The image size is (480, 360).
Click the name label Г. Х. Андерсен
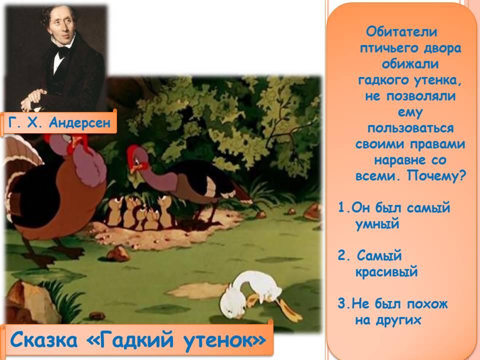point(59,123)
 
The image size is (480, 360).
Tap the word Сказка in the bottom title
point(43,339)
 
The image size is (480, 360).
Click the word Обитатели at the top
point(401,32)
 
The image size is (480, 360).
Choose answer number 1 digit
point(342,207)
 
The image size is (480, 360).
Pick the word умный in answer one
point(377,224)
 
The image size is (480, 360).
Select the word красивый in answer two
point(386,272)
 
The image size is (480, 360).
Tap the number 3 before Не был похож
point(342,303)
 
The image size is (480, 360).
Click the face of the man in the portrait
point(61,26)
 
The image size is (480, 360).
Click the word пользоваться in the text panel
point(410,128)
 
